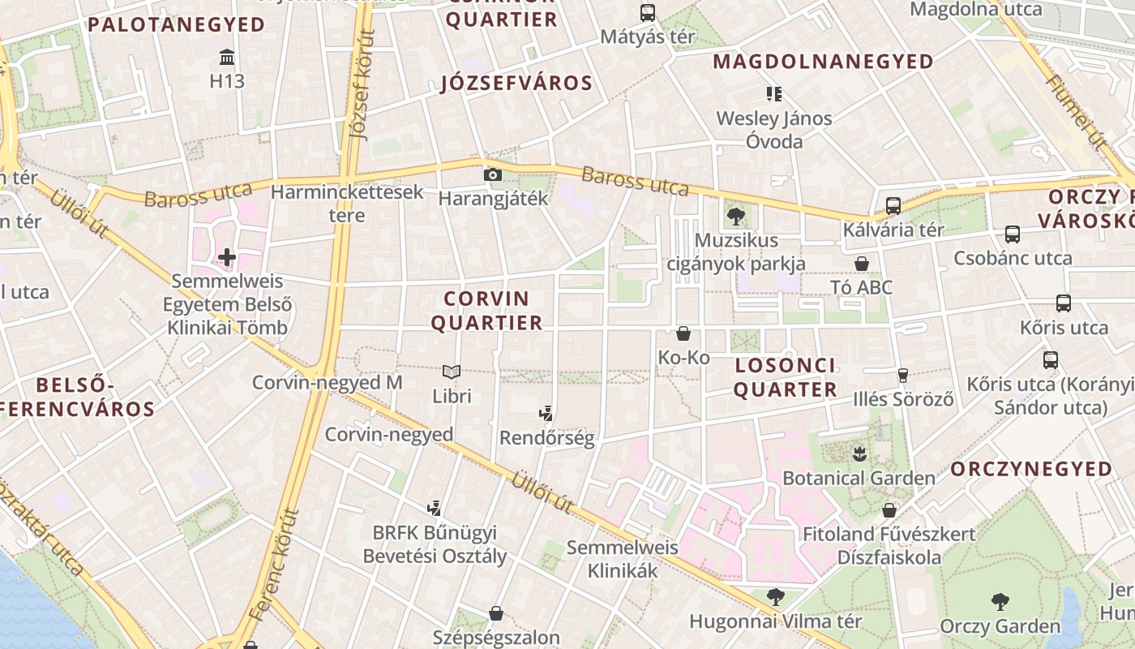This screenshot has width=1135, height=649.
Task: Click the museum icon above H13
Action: click(227, 58)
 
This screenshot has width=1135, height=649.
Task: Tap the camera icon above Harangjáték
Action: click(492, 174)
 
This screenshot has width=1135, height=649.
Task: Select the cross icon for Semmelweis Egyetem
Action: click(227, 258)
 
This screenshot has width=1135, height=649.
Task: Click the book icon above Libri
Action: click(452, 372)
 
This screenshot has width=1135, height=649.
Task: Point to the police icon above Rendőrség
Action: click(546, 414)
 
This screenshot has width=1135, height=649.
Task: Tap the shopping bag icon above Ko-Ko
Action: click(683, 333)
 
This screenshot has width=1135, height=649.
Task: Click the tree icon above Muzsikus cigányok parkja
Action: click(736, 216)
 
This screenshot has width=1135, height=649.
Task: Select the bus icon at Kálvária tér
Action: click(893, 206)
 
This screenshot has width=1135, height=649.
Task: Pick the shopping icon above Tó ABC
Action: click(862, 264)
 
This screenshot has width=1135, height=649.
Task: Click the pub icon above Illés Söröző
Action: click(902, 375)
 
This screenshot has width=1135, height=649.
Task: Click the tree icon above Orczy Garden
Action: click(1000, 602)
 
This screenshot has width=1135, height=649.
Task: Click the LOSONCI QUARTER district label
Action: click(785, 377)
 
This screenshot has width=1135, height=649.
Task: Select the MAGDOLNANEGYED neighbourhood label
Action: click(823, 62)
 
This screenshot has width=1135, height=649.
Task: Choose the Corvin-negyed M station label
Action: click(327, 382)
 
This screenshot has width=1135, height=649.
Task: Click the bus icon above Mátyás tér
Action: click(647, 13)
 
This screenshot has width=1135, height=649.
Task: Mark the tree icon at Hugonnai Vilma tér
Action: click(775, 597)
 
